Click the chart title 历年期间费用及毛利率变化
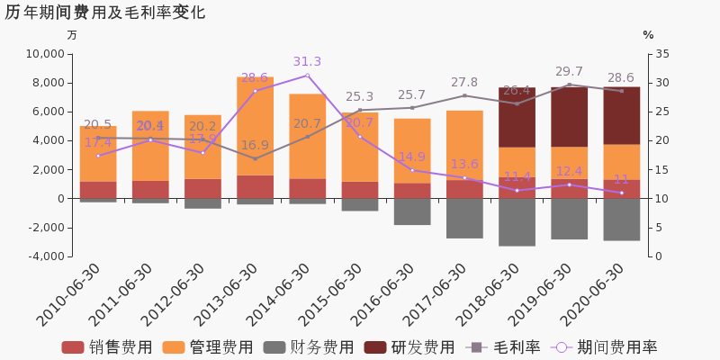click(105, 13)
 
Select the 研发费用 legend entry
click(410, 347)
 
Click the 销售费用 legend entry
click(108, 347)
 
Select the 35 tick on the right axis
click(661, 54)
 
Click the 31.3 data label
click(307, 62)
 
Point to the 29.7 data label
click(569, 72)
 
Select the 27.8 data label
click(464, 83)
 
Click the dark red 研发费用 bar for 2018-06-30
click(517, 117)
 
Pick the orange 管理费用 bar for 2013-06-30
click(255, 126)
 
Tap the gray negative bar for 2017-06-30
click(464, 219)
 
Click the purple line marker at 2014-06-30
click(307, 76)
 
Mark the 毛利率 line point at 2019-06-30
click(569, 85)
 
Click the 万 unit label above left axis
click(72, 35)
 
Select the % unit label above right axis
click(648, 35)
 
